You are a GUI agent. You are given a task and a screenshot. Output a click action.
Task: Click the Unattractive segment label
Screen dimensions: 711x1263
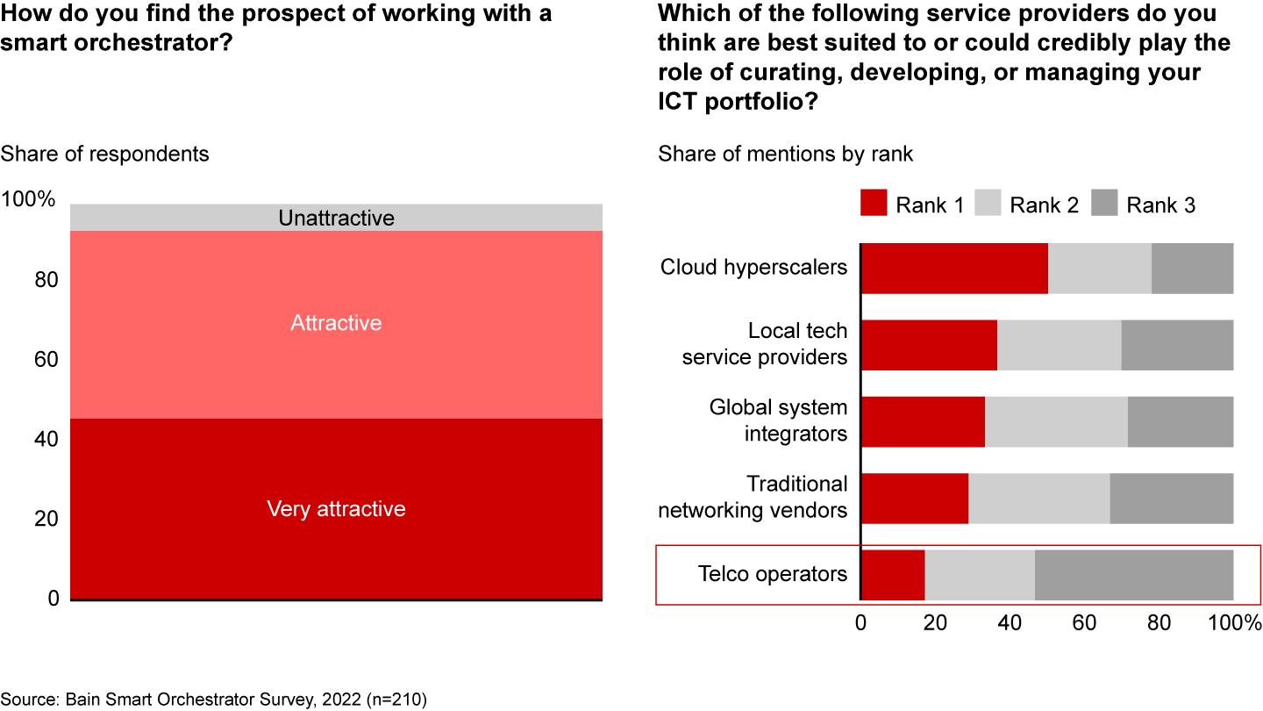[336, 218]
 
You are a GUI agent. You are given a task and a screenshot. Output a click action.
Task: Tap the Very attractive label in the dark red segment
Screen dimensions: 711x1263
[336, 509]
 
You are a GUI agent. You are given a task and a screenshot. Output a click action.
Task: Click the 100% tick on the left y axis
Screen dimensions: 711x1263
[28, 201]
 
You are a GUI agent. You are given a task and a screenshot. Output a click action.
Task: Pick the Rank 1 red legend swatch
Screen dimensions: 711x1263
[874, 205]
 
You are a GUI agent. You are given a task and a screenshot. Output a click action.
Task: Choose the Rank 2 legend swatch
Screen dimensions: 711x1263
[988, 205]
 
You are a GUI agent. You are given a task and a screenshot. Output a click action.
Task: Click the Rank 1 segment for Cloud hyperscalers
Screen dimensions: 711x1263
[954, 268]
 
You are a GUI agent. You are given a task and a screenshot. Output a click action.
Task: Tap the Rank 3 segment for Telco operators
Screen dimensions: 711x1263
[1134, 575]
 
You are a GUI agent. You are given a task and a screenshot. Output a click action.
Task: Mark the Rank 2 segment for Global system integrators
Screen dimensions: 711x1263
[1056, 421]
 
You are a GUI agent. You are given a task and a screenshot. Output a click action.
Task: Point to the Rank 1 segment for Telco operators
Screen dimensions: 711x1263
[893, 575]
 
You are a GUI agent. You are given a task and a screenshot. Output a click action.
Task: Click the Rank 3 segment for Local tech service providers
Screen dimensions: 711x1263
[1177, 344]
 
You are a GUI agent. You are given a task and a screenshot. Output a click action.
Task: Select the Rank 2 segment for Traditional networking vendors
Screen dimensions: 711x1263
[1038, 498]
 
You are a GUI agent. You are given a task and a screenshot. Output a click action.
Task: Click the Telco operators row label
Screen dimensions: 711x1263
[773, 574]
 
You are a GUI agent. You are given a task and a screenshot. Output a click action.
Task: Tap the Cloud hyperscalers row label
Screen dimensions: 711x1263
[753, 267]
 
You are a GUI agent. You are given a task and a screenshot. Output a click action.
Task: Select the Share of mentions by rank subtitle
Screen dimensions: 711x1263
[786, 154]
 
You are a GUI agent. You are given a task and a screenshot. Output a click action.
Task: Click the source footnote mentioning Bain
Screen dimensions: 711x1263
[213, 699]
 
